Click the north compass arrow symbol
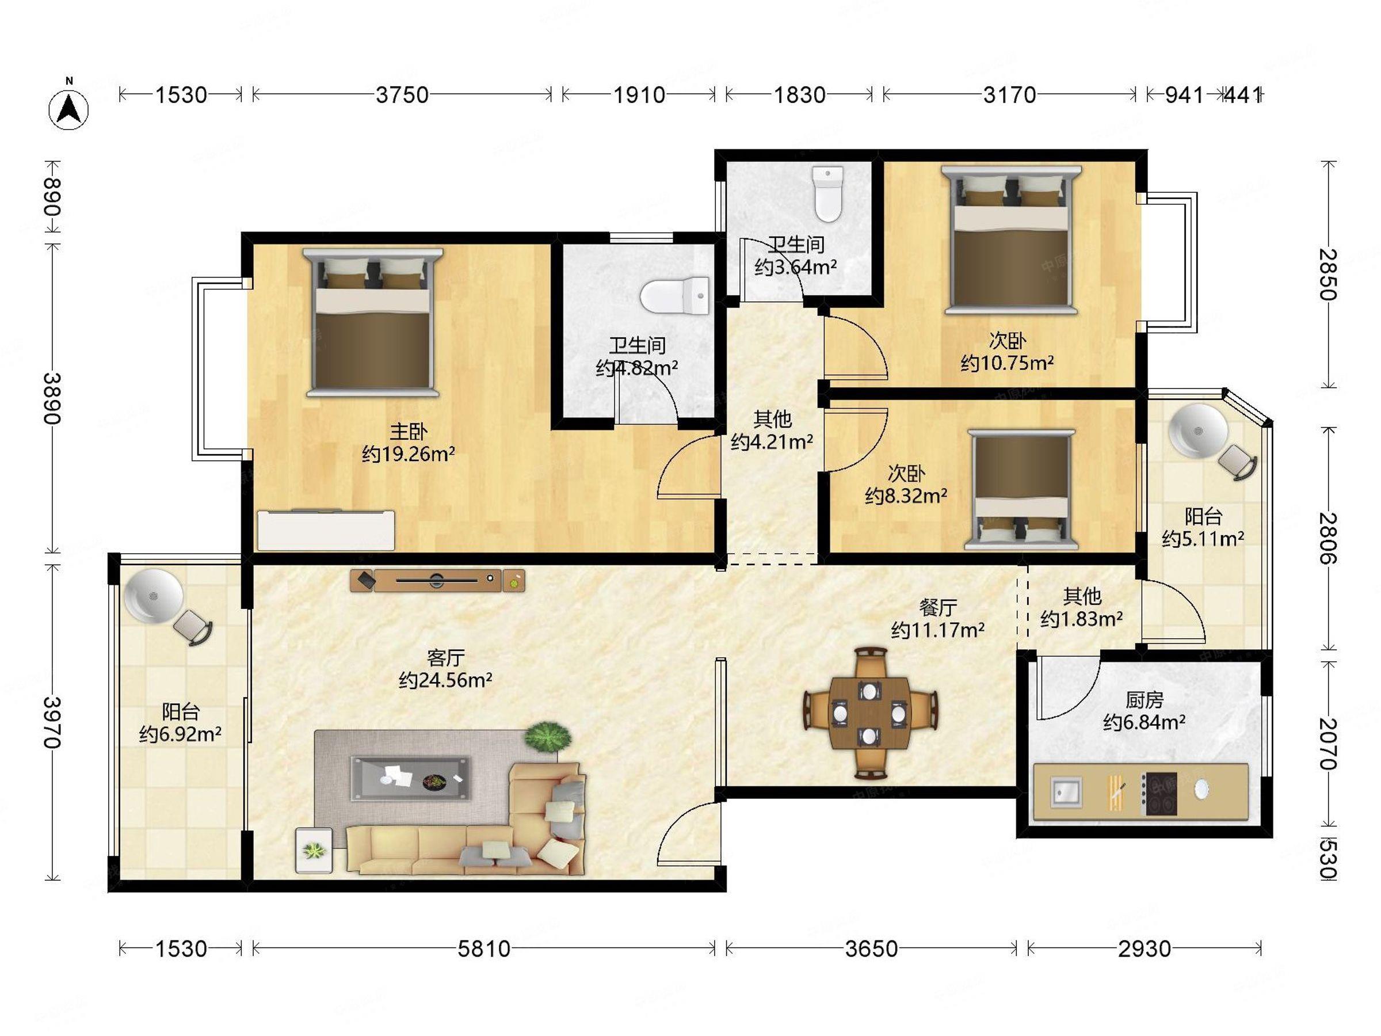(x=68, y=107)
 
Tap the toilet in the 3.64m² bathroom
(x=829, y=193)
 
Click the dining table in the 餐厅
(x=869, y=714)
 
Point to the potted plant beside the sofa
(x=548, y=737)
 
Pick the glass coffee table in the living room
(x=410, y=778)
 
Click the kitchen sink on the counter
(x=1066, y=793)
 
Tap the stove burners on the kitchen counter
(x=1159, y=794)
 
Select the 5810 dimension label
(x=484, y=949)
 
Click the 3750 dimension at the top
(x=402, y=95)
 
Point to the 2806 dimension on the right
(x=1329, y=538)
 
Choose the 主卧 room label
(x=409, y=431)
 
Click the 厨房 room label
(x=1145, y=699)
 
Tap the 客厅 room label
(x=445, y=657)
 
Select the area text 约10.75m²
(x=1007, y=363)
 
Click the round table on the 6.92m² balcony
(x=154, y=596)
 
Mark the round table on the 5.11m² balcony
(x=1198, y=431)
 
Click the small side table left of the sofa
(x=314, y=850)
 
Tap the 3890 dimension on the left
(x=52, y=398)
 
